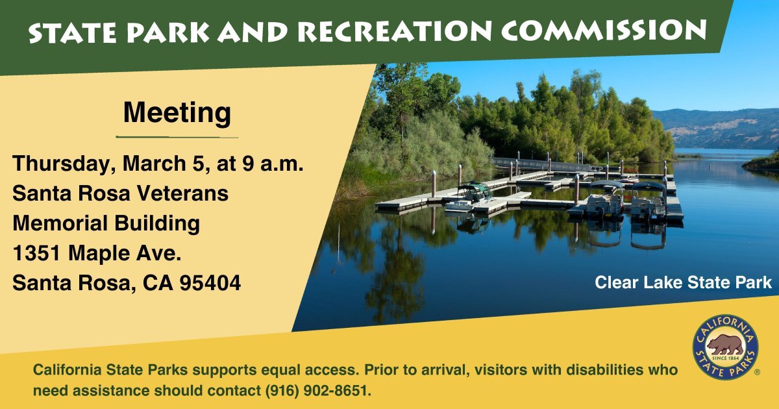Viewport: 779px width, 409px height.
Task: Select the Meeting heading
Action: [177, 112]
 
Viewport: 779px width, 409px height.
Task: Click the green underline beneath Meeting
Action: [177, 137]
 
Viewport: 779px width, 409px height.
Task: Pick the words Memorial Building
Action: [106, 223]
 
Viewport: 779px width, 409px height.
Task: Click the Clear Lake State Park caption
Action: [683, 282]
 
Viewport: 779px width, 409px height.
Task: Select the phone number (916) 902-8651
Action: [317, 391]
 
